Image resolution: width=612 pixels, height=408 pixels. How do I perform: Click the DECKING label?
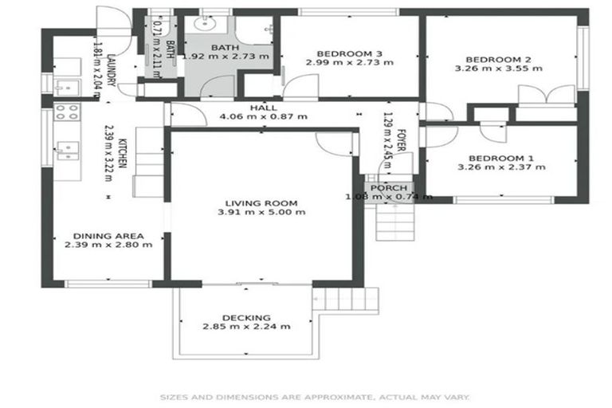(245, 317)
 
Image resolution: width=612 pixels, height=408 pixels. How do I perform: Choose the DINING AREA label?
(108, 236)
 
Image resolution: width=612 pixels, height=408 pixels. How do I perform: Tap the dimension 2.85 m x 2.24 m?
(245, 327)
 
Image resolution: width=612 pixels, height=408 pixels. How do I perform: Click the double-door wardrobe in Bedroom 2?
(546, 98)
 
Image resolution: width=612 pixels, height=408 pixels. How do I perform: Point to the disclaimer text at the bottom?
(315, 396)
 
